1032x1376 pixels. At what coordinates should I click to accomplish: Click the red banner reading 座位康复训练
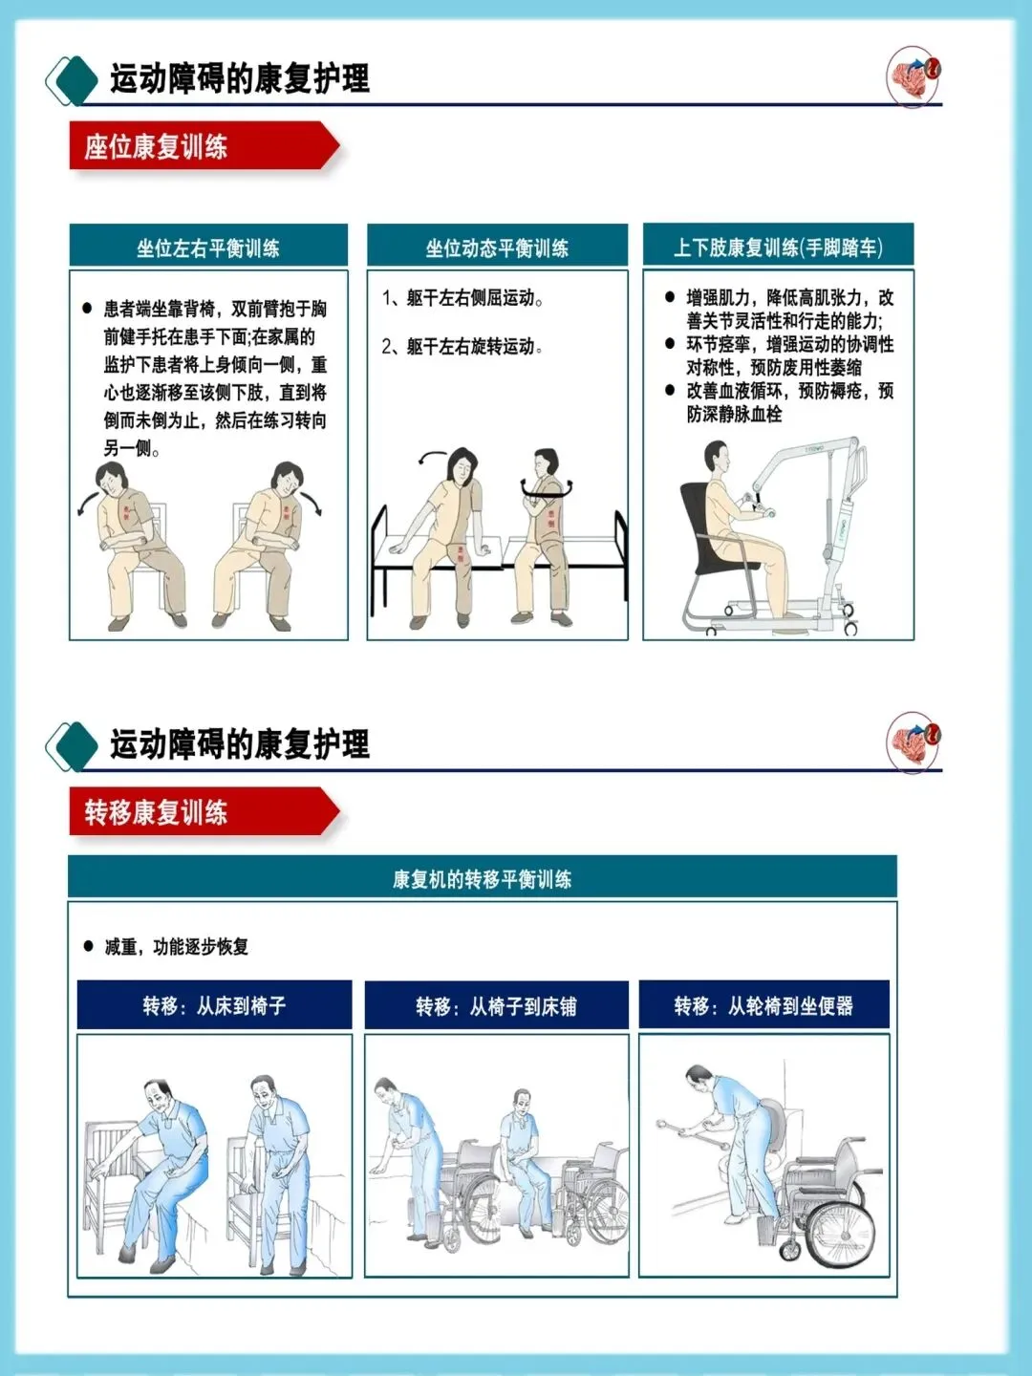pos(204,146)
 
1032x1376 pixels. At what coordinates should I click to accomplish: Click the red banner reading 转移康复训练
pos(204,812)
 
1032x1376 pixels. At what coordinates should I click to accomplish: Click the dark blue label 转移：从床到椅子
pos(214,1005)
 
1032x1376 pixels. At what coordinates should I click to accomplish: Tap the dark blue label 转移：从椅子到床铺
pos(496,1005)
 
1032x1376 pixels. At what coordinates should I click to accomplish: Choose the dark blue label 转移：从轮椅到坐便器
pos(763,1004)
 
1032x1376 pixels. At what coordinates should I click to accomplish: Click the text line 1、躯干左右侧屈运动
pos(462,298)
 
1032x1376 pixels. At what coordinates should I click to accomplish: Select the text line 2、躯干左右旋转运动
pos(462,346)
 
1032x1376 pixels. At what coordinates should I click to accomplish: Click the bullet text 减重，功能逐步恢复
pos(176,947)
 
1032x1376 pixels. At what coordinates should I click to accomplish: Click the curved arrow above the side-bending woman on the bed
pos(431,455)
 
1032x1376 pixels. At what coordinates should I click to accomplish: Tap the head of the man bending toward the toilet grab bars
pos(699,1077)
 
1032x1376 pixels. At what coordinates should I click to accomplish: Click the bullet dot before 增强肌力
pos(670,296)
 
